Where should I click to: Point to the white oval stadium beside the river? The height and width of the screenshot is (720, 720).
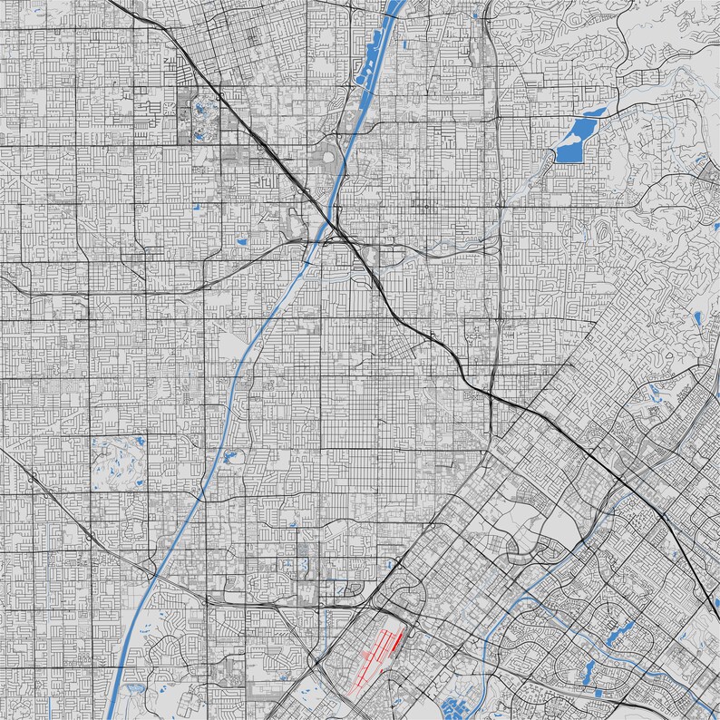pos(328,164)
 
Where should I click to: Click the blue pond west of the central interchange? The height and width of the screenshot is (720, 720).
pos(241,241)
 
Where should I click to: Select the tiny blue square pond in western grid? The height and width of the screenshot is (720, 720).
pos(195,208)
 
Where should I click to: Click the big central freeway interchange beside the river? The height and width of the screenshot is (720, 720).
pos(340,234)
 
